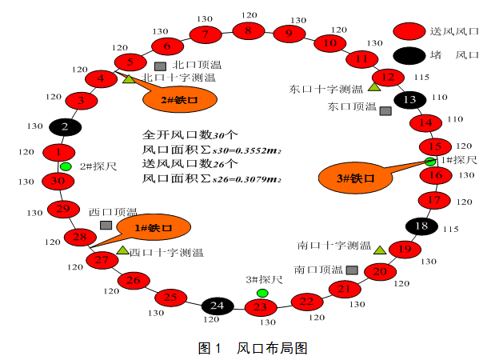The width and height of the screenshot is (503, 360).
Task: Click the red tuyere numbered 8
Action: (248, 31)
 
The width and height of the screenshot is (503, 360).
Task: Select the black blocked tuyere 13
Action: (410, 100)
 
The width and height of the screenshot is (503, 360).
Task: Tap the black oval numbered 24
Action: (217, 306)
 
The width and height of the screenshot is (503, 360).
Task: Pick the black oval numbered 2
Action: (66, 126)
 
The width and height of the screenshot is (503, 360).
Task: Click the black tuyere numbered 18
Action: (421, 226)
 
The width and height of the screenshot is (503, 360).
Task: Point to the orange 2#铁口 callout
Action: (179, 100)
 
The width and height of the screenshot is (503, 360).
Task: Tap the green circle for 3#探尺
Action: (262, 293)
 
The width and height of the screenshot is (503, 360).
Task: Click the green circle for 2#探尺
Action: (66, 166)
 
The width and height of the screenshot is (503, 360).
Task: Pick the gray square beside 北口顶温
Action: (160, 66)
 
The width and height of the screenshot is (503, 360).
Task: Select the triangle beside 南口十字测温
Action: (379, 250)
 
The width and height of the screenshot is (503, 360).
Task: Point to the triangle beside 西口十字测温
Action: (122, 251)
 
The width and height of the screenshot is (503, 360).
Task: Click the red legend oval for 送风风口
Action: (412, 31)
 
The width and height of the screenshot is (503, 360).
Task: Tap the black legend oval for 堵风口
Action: (412, 54)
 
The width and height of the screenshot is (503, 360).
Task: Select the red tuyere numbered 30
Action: (58, 181)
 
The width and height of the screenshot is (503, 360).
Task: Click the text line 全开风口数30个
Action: (196, 134)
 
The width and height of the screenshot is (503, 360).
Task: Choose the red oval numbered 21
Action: (345, 289)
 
